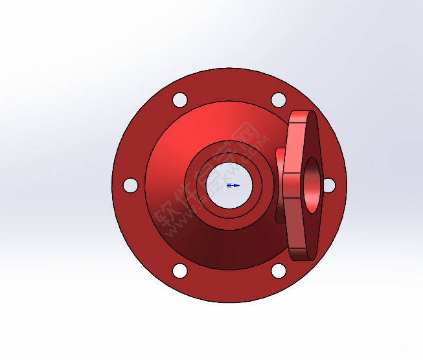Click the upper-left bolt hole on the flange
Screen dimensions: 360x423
pyautogui.click(x=180, y=100)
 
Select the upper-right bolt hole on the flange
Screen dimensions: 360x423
pyautogui.click(x=278, y=100)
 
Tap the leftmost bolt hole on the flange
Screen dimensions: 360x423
pyautogui.click(x=130, y=185)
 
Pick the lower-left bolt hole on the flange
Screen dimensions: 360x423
pyautogui.click(x=180, y=271)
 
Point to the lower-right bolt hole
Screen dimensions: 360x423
pyautogui.click(x=278, y=271)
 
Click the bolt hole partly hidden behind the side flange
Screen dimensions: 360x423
pyautogui.click(x=329, y=185)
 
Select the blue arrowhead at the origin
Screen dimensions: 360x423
pyautogui.click(x=236, y=185)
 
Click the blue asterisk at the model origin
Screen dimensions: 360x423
pyautogui.click(x=229, y=185)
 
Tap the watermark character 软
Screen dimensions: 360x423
pyautogui.click(x=168, y=217)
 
